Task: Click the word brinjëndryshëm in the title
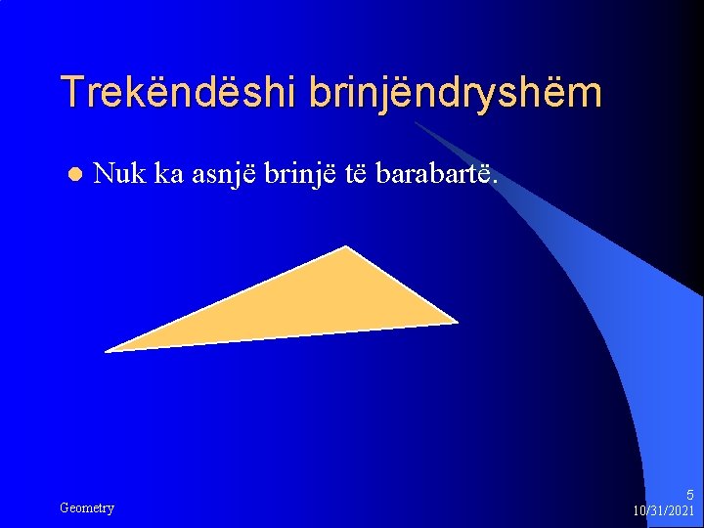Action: [x=455, y=93]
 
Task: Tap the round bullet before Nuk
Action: [x=73, y=175]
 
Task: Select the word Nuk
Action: [x=120, y=174]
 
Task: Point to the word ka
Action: [x=171, y=174]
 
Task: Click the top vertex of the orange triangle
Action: [x=346, y=248]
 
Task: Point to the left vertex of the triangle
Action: [x=108, y=350]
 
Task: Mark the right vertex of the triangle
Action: [x=455, y=321]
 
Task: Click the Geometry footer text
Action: [x=87, y=507]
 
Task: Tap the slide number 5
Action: [x=689, y=495]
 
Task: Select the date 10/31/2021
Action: [x=664, y=510]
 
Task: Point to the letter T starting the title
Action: [x=70, y=93]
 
